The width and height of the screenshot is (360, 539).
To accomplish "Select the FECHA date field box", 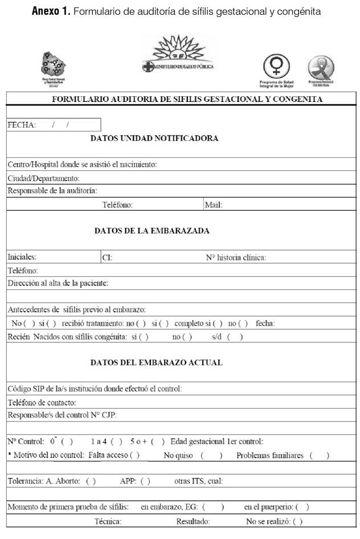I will pos(54,125).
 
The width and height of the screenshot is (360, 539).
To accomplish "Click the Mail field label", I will pos(213,205).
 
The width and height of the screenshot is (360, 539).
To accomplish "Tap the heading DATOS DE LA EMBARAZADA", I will pos(152,231).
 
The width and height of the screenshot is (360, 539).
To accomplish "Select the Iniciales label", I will pos(22,257).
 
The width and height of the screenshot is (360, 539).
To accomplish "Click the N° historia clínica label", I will pos(235,258).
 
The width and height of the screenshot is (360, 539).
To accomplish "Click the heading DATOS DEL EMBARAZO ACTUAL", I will pos(156,362).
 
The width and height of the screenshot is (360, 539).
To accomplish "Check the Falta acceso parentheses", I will pos(134,455).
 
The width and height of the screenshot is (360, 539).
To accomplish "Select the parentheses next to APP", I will pos(145,481).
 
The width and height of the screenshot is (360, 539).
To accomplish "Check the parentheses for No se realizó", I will pos(297,521).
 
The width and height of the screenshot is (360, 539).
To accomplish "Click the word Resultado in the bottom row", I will pos(193,521).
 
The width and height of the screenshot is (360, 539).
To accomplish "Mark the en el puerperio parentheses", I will pos(302,507).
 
